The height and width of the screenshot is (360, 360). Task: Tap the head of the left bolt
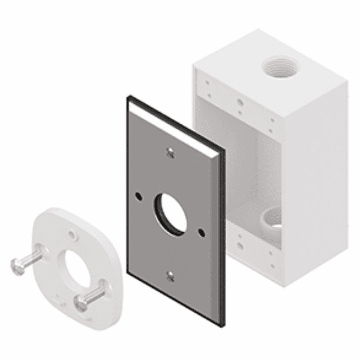[x=16, y=263]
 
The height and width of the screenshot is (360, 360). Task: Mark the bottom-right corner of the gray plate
[x=222, y=324]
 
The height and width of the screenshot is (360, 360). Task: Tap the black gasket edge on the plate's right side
[x=223, y=240]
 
